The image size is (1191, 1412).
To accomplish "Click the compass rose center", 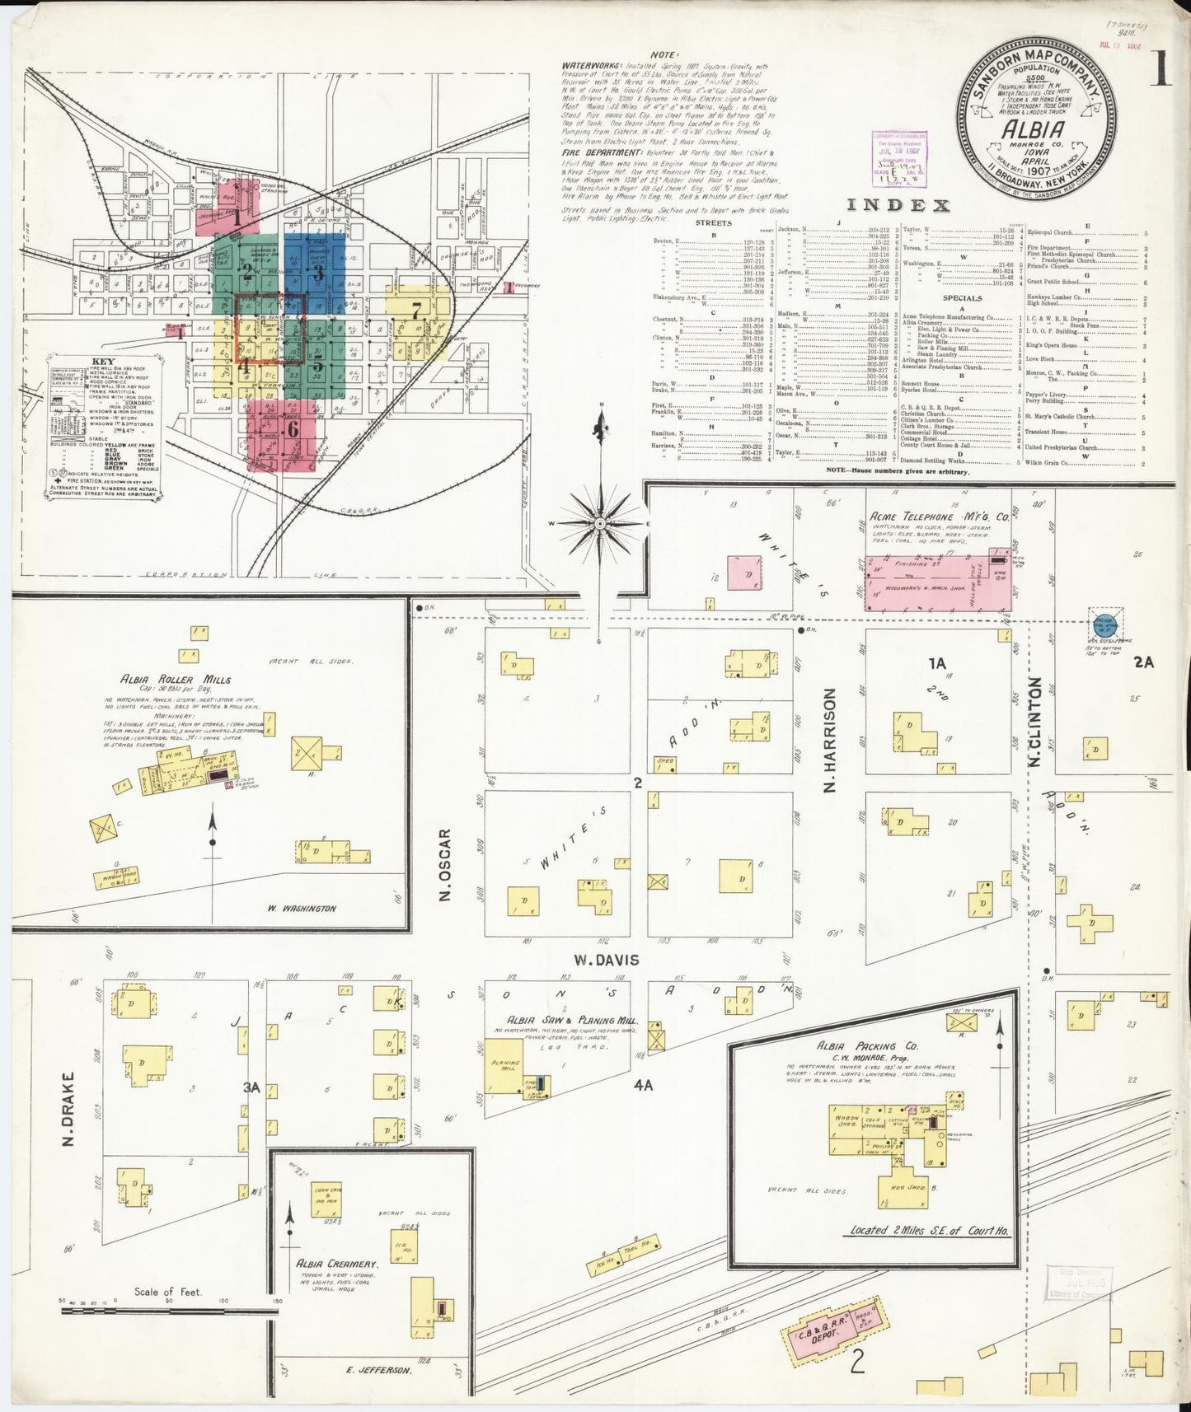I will pyautogui.click(x=601, y=523).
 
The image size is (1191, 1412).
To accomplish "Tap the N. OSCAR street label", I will pyautogui.click(x=446, y=865).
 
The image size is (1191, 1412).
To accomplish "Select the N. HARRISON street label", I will pyautogui.click(x=831, y=740).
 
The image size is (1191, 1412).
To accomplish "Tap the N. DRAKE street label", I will pyautogui.click(x=69, y=1109).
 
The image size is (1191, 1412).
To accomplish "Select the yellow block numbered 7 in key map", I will pyautogui.click(x=416, y=312).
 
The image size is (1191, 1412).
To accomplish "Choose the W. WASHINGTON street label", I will pyautogui.click(x=302, y=908).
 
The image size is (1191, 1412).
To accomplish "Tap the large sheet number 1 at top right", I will pyautogui.click(x=1162, y=72).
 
